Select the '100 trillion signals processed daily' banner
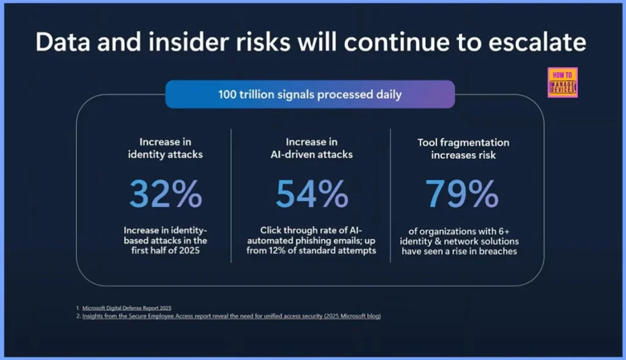coord(310,94)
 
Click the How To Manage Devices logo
coord(563,83)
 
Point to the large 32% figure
coord(165,194)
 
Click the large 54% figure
coord(311,194)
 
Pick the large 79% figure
coord(462,194)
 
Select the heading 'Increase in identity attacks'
coord(165,148)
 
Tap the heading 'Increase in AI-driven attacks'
coord(311,148)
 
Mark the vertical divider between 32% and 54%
coord(231,196)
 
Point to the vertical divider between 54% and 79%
coord(390,196)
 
